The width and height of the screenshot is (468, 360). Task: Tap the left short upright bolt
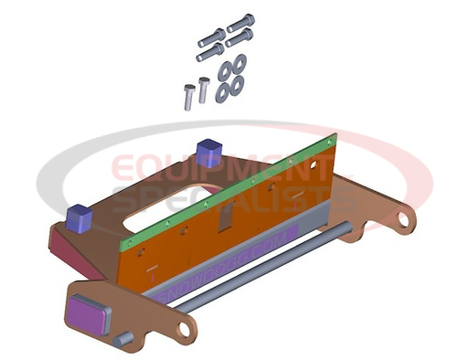(x=187, y=96)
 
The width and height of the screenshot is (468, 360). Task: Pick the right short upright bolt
(x=203, y=90)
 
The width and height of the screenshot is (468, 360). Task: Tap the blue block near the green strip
(x=209, y=151)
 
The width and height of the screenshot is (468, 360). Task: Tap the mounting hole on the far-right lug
(x=400, y=218)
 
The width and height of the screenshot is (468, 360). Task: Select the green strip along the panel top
(x=229, y=188)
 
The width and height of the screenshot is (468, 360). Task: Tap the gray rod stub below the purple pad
(x=119, y=340)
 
